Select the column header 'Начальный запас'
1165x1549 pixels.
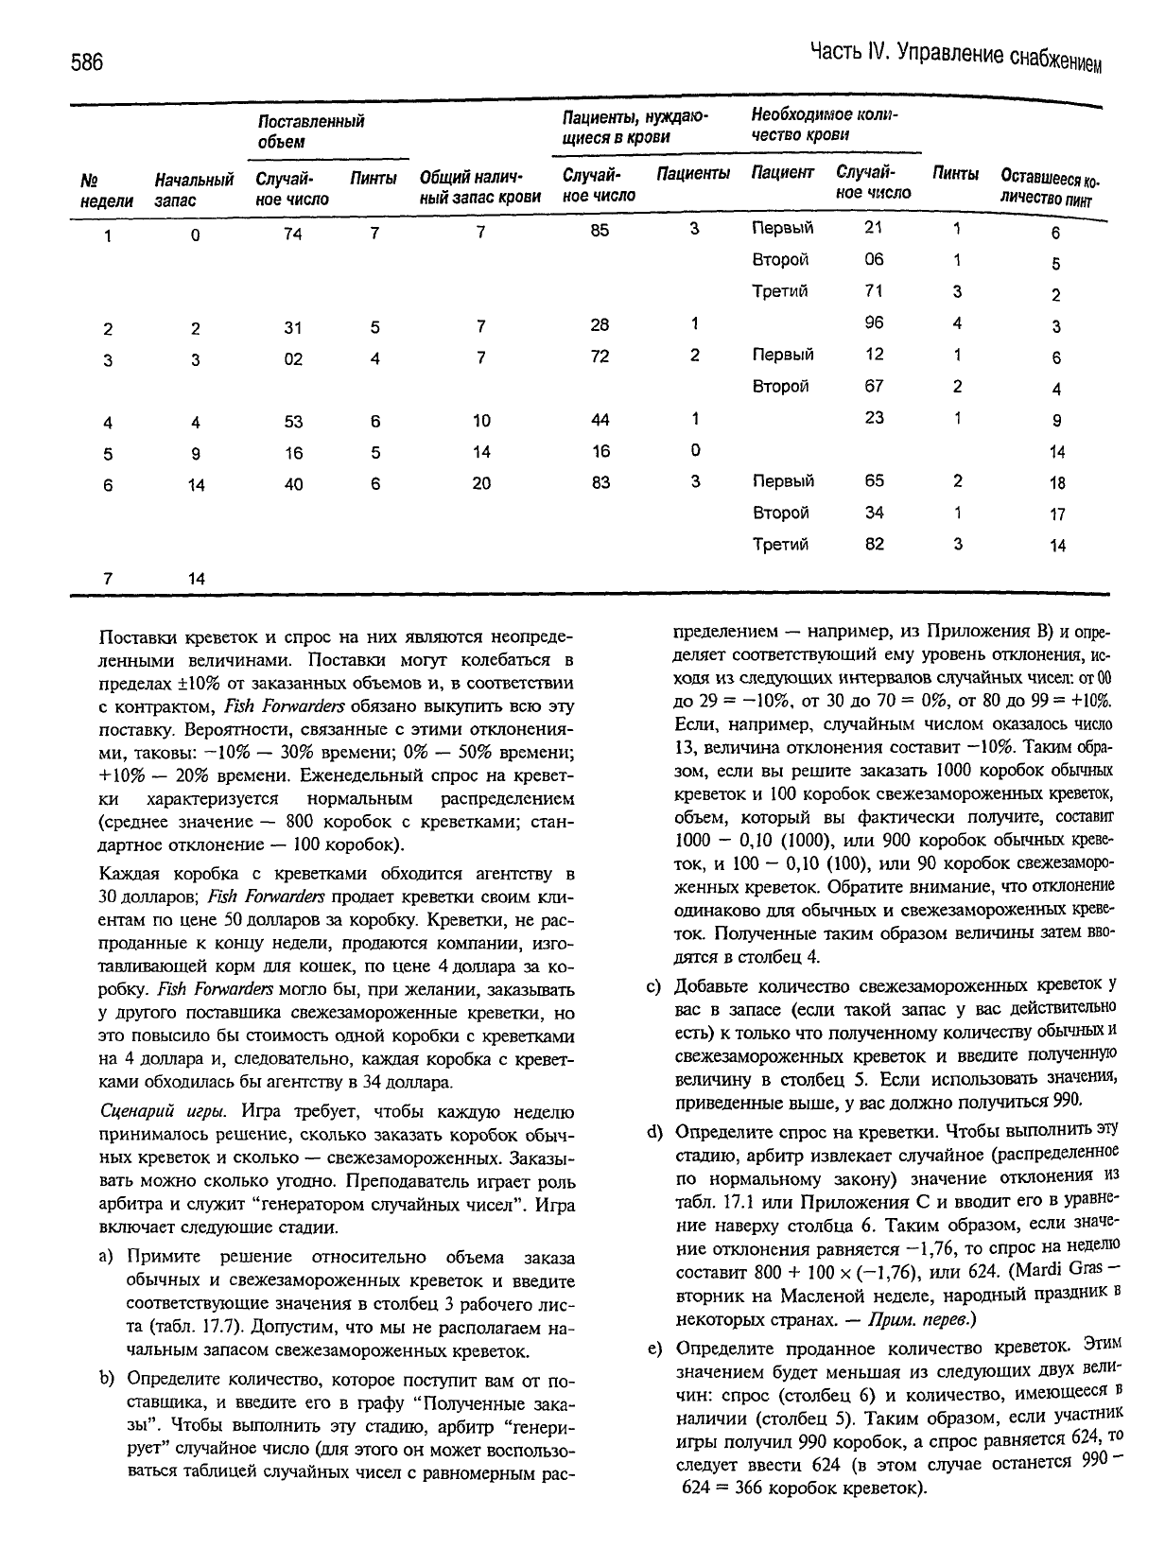194,189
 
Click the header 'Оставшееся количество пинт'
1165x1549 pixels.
1051,188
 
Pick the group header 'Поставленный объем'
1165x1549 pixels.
311,131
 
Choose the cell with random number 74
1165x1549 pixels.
292,234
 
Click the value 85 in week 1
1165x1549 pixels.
600,229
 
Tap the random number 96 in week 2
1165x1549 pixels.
874,322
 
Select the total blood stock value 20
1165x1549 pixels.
481,483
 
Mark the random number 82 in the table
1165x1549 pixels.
874,544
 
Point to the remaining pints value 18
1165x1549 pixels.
1056,482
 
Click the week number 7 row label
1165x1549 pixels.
108,578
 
